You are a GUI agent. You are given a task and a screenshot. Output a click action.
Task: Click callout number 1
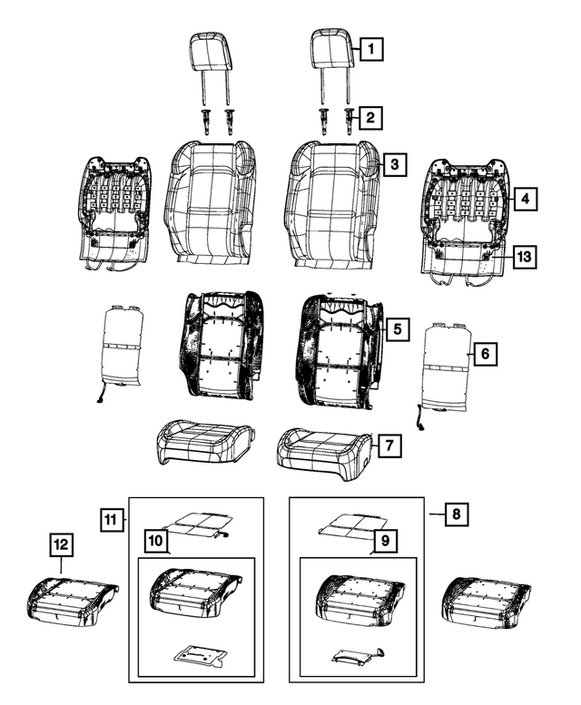pos(370,48)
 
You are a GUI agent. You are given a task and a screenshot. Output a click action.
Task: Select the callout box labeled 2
pos(370,116)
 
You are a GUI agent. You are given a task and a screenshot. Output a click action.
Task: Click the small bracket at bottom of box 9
pos(356,655)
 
